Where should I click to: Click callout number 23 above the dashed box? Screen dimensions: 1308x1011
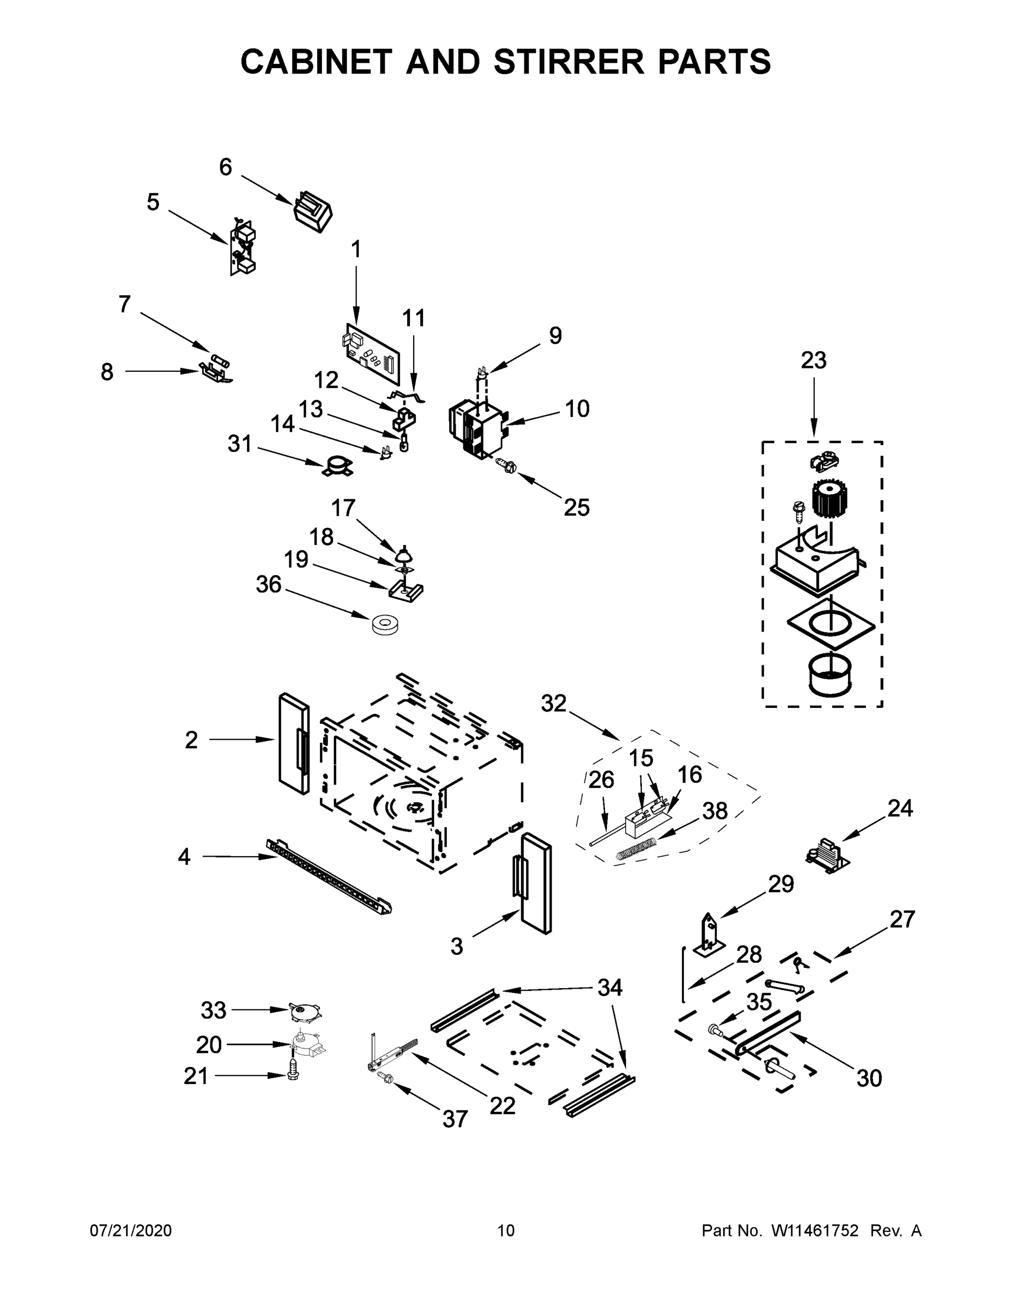point(813,360)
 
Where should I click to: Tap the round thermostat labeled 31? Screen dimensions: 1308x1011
point(337,466)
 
